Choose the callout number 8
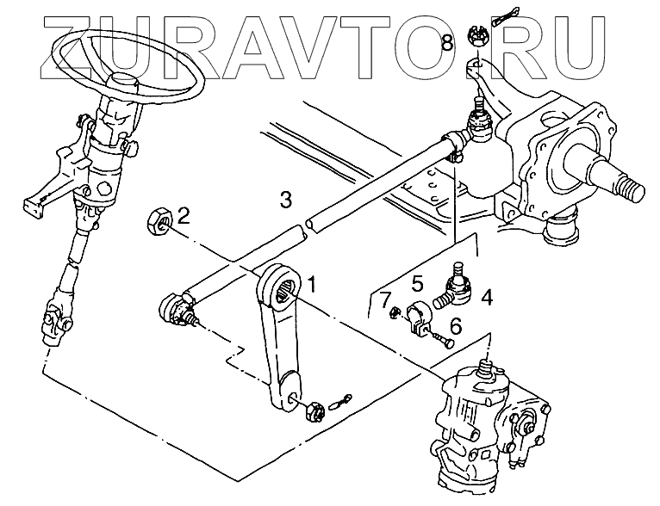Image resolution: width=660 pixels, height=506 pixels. (447, 42)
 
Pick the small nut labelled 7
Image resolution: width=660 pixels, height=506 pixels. (393, 312)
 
